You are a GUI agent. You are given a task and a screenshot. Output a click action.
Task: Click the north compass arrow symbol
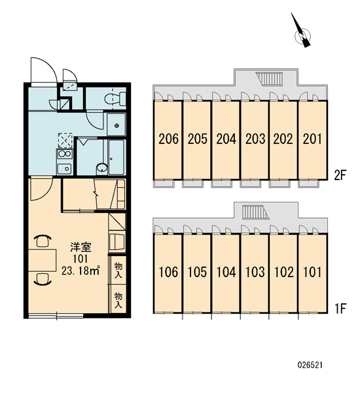coord(302,33)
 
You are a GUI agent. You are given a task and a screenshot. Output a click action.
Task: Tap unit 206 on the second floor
coord(168,140)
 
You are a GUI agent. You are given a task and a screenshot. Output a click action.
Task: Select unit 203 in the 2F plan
coord(255,140)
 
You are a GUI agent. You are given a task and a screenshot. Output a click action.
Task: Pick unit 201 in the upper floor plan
coord(313,140)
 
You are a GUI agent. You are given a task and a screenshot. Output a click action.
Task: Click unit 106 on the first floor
coord(168,273)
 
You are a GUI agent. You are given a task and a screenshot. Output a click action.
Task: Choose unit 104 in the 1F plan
coord(225,273)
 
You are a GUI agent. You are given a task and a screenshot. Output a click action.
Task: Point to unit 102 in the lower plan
coord(283,273)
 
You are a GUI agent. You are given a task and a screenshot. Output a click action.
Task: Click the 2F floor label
coord(340,175)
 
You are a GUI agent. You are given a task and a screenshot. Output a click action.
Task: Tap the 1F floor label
coord(340,309)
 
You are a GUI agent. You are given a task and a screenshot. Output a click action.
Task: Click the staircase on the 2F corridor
coord(270,79)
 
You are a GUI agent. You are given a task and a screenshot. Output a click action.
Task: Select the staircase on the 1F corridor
coord(256,212)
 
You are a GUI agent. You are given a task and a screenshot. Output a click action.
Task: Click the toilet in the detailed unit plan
coord(115,99)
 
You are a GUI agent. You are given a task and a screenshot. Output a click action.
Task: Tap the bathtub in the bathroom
coord(117,157)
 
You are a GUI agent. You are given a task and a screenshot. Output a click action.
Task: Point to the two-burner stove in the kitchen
coord(65,154)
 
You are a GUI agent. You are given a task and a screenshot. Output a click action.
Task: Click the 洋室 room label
coord(81,247)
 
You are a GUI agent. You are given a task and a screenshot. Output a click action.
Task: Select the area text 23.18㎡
coord(81,271)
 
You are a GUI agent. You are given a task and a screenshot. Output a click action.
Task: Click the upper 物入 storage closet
coord(118,270)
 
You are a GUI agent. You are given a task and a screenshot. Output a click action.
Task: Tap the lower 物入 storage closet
coord(118,299)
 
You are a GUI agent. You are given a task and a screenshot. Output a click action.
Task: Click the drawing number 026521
coord(310,365)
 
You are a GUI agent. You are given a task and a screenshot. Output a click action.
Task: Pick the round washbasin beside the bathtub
coord(102,169)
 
